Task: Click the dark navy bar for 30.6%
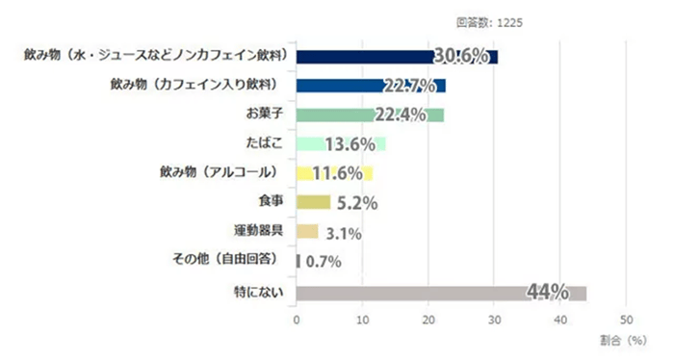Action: tap(366, 57)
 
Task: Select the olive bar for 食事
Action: tap(313, 202)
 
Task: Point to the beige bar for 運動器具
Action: tap(306, 231)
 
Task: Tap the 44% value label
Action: tap(547, 292)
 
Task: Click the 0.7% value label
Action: tap(324, 261)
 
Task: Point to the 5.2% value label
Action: tap(356, 203)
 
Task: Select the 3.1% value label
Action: tap(345, 232)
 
